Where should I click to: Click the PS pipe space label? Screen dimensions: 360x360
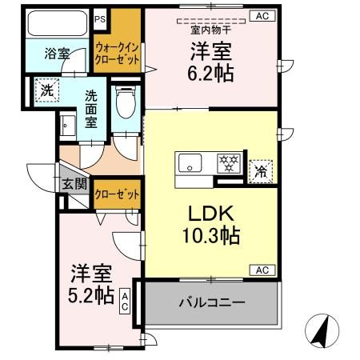click(100, 19)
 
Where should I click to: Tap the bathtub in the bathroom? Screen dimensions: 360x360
click(58, 23)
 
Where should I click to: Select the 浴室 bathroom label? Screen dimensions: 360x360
click(57, 54)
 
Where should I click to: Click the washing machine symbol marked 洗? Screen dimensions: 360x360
click(47, 90)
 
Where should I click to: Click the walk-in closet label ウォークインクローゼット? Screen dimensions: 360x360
click(117, 54)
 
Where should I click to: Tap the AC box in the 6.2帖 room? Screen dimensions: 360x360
click(262, 16)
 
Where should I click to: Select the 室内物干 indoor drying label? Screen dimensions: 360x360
click(210, 30)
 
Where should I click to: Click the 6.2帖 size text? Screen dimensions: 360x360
click(210, 74)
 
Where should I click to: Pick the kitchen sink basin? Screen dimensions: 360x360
click(190, 163)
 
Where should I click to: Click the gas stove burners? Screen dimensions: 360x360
click(229, 163)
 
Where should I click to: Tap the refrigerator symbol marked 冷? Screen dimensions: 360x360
click(261, 172)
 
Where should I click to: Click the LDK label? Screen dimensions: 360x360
click(211, 214)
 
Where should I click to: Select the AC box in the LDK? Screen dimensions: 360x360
click(262, 270)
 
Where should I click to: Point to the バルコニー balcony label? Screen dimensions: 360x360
click(212, 302)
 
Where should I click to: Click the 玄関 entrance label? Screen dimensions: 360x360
click(75, 183)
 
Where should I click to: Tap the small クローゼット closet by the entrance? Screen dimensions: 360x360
click(117, 194)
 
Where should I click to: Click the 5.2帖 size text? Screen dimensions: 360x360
click(91, 295)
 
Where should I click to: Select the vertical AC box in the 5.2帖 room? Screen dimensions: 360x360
click(125, 301)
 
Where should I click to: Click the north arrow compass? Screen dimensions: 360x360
click(322, 330)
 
